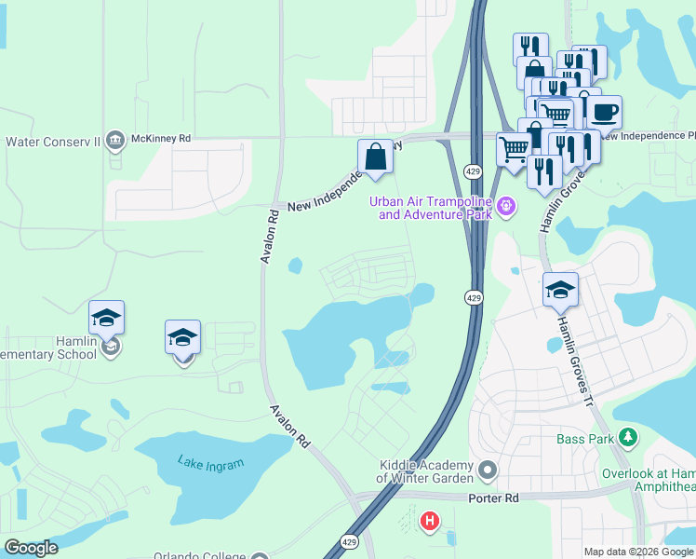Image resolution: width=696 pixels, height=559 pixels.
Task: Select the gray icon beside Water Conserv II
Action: pos(115,141)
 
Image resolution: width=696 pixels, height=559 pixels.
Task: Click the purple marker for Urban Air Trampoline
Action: pos(505,206)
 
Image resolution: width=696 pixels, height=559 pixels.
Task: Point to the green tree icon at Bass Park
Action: pos(628,437)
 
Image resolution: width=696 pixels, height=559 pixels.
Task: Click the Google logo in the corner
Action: pos(31,548)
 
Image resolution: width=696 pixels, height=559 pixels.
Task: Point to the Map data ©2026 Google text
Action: pos(637,552)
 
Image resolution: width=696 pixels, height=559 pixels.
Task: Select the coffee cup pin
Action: pos(603,113)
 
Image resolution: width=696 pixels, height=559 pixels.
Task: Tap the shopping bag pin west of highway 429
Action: pos(375,157)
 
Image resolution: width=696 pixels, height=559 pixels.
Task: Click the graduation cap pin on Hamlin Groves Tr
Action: pos(560,290)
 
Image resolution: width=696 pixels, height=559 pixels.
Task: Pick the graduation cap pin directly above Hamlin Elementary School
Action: pos(107,319)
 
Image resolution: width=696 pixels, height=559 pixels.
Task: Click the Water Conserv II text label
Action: pos(53,142)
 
